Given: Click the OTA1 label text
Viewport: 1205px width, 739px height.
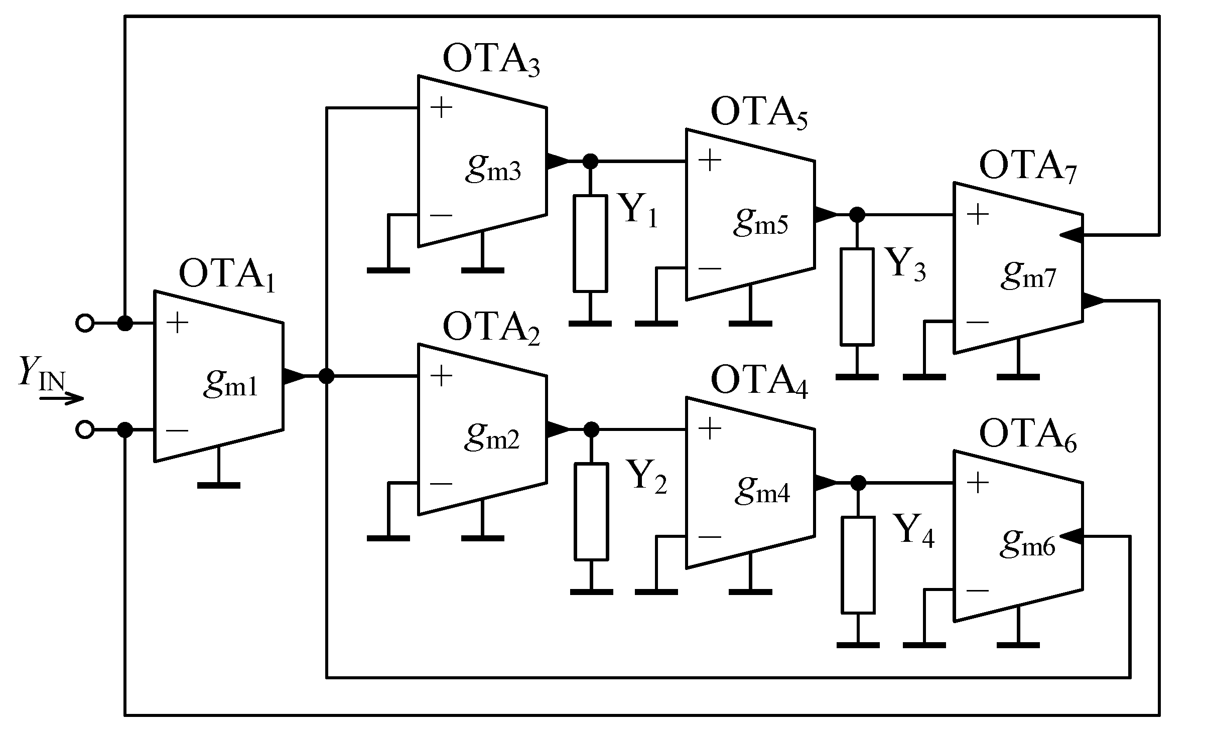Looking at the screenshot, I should coord(227,275).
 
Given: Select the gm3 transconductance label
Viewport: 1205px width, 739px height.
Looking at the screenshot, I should coord(493,169).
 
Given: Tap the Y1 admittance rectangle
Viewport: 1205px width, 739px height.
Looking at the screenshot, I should coord(590,243).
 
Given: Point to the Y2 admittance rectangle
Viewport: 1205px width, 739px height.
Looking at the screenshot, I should coord(591,511).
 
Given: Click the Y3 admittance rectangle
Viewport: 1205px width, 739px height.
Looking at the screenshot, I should coord(857,297).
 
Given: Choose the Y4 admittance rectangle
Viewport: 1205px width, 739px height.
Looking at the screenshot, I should coord(858,564).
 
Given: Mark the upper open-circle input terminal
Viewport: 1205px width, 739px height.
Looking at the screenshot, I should coord(85,323).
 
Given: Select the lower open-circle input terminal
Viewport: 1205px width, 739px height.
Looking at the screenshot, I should coord(85,430).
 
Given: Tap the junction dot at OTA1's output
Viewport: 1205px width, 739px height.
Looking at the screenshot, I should coord(327,376).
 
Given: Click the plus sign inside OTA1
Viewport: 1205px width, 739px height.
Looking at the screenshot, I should coord(177,323).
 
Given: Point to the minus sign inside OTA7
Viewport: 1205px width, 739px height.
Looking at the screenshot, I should coord(977,323).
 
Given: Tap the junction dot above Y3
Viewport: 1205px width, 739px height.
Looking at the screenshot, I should coord(857,215).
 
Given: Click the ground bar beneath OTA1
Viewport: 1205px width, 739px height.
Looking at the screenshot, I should coord(218,485).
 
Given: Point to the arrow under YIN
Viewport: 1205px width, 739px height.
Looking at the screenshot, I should coord(61,399).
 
